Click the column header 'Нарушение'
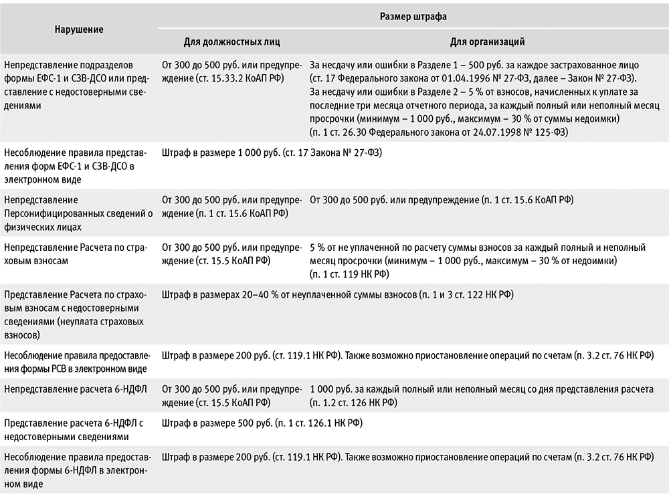tap(80, 29)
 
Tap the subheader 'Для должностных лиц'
tap(231, 41)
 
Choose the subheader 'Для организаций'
tap(487, 41)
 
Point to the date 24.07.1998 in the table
tap(494, 133)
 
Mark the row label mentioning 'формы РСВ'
tap(78, 362)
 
